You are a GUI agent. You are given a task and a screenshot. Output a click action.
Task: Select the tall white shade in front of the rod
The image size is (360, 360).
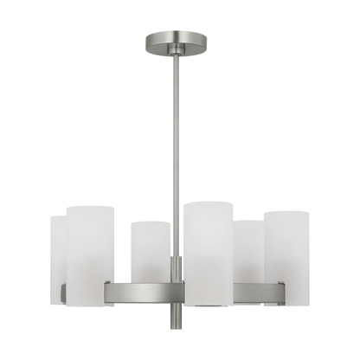coord(209,251)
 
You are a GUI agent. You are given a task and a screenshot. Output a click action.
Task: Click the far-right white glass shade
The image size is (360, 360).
coord(286,255)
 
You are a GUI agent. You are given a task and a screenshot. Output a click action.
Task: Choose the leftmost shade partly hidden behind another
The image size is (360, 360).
coord(55,260)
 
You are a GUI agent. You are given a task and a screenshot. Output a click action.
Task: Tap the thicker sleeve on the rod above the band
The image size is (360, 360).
coord(177,267)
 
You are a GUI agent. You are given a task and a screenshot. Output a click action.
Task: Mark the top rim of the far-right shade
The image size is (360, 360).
coord(286,209)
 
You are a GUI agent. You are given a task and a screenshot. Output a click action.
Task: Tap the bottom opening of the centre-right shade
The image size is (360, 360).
coord(209,305)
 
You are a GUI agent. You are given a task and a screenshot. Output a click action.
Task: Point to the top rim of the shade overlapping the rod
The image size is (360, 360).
coord(209,202)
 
